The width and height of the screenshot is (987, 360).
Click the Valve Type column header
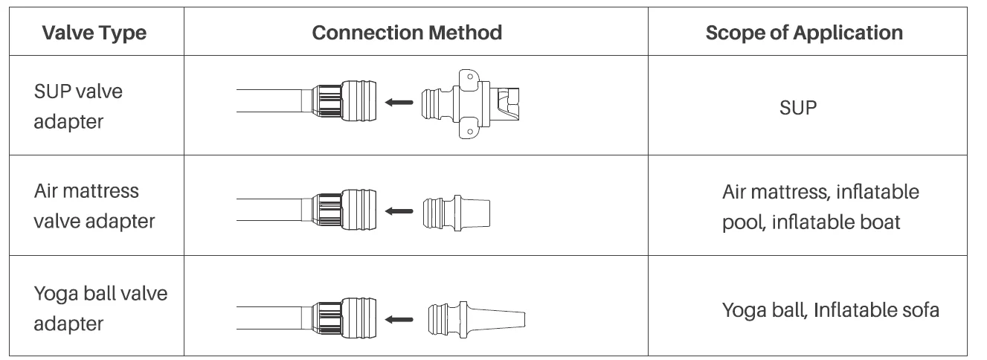click(94, 33)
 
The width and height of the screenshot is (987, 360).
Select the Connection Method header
click(407, 33)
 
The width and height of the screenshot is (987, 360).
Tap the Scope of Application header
click(804, 33)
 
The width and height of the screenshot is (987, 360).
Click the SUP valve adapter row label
click(78, 106)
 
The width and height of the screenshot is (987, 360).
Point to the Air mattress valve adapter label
click(94, 206)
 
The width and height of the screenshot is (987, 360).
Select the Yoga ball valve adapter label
click(100, 308)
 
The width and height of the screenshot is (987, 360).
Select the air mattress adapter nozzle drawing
click(456, 213)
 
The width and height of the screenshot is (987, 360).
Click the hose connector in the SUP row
click(342, 102)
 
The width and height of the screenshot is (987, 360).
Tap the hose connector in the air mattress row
click(342, 211)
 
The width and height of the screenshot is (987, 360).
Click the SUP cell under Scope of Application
click(798, 107)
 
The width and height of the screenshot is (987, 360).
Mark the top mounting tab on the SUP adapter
click(468, 76)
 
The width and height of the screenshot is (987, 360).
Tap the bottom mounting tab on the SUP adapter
click(468, 130)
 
